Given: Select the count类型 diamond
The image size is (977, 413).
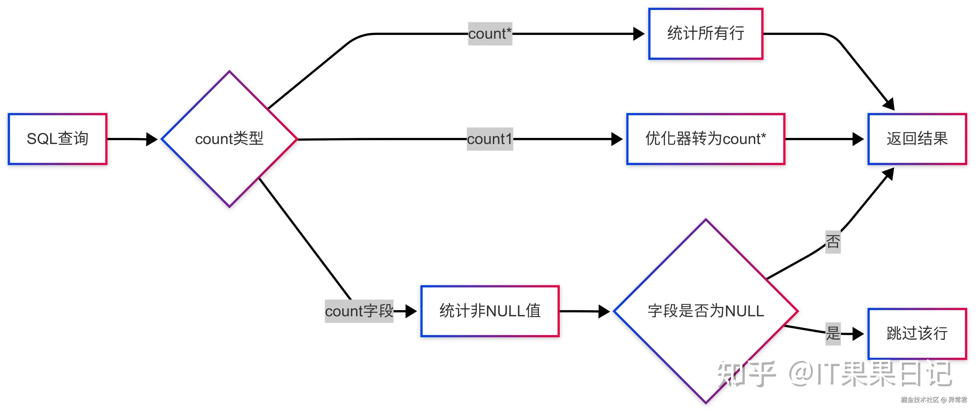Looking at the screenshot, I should (x=229, y=139).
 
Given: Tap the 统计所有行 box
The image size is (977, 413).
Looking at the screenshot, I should (x=706, y=34).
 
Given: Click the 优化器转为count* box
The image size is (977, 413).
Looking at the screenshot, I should (x=706, y=139).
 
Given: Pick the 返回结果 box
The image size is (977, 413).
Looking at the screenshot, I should (x=917, y=139).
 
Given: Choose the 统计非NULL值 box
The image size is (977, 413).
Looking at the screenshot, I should (x=490, y=311).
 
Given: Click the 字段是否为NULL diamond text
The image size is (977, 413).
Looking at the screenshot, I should (x=706, y=311).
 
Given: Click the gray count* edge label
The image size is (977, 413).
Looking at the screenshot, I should (x=490, y=34).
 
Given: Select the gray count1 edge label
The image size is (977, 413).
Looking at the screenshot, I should (x=490, y=139).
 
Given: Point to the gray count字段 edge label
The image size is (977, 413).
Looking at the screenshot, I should (x=359, y=311).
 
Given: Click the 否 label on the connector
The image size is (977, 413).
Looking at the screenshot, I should (x=833, y=241).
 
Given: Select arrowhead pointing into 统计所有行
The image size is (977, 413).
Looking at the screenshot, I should (x=639, y=34).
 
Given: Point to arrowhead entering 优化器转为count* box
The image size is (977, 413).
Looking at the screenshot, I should (x=617, y=139).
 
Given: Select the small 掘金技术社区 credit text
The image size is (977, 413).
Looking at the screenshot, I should (x=920, y=399).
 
